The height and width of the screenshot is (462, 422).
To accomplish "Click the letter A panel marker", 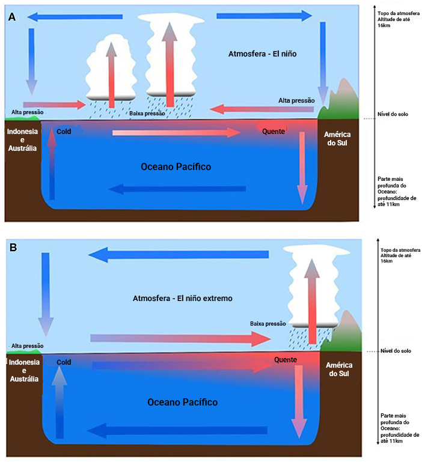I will (x=12, y=17).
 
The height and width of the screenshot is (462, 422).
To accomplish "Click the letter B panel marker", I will (x=13, y=247).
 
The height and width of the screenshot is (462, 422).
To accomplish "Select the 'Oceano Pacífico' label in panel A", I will (x=176, y=166).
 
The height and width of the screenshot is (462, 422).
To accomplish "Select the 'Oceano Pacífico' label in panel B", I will (x=183, y=402).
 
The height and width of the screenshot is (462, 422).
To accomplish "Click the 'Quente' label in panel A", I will (x=274, y=132).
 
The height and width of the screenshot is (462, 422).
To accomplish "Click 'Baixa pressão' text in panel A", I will (x=147, y=113).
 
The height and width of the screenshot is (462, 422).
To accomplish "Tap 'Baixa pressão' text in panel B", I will (x=268, y=323).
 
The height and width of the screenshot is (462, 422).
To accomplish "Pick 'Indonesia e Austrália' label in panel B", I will (x=24, y=371).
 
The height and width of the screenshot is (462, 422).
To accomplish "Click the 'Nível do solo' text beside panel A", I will (x=390, y=114).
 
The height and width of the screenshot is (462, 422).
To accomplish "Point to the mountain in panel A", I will (x=341, y=96).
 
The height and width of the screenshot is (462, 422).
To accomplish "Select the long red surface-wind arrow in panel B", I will (x=180, y=339).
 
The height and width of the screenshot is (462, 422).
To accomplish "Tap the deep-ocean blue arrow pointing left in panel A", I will (x=177, y=189).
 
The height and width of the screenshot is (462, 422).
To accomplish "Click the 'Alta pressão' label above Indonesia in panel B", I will (x=28, y=346).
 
